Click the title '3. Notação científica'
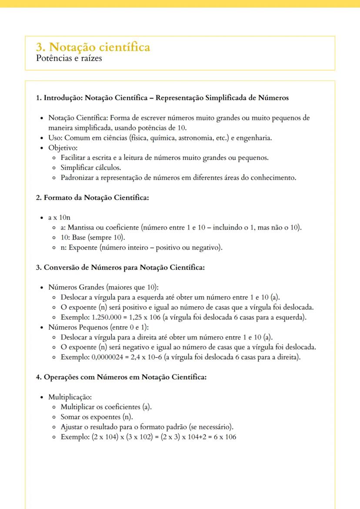[93, 47]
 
